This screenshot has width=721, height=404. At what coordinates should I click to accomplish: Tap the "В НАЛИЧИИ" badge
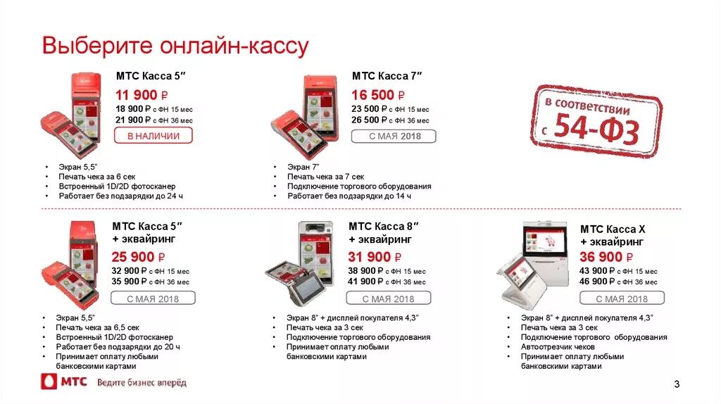coord(153,136)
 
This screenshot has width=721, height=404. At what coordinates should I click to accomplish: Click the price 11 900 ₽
coord(142,95)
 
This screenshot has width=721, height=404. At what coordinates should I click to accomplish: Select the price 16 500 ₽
coord(379,95)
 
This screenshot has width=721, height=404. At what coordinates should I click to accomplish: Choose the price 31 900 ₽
coord(375,257)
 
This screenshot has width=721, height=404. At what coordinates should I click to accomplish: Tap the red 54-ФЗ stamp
coord(596,120)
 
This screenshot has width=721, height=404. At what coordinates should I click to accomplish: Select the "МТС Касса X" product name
coord(612,229)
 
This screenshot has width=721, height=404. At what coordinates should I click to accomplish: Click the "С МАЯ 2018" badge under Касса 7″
coord(394,136)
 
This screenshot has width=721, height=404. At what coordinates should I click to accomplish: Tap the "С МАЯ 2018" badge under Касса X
coord(622,298)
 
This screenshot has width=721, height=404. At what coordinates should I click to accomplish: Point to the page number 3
coord(677,384)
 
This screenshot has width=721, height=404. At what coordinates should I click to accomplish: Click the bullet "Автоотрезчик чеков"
coord(558,347)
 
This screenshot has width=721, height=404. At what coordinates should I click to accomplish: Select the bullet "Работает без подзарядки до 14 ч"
coord(349,196)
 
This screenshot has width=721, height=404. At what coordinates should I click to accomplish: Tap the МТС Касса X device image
coord(535,264)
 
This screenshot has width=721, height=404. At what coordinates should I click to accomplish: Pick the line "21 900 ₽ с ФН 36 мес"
coord(154,120)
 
